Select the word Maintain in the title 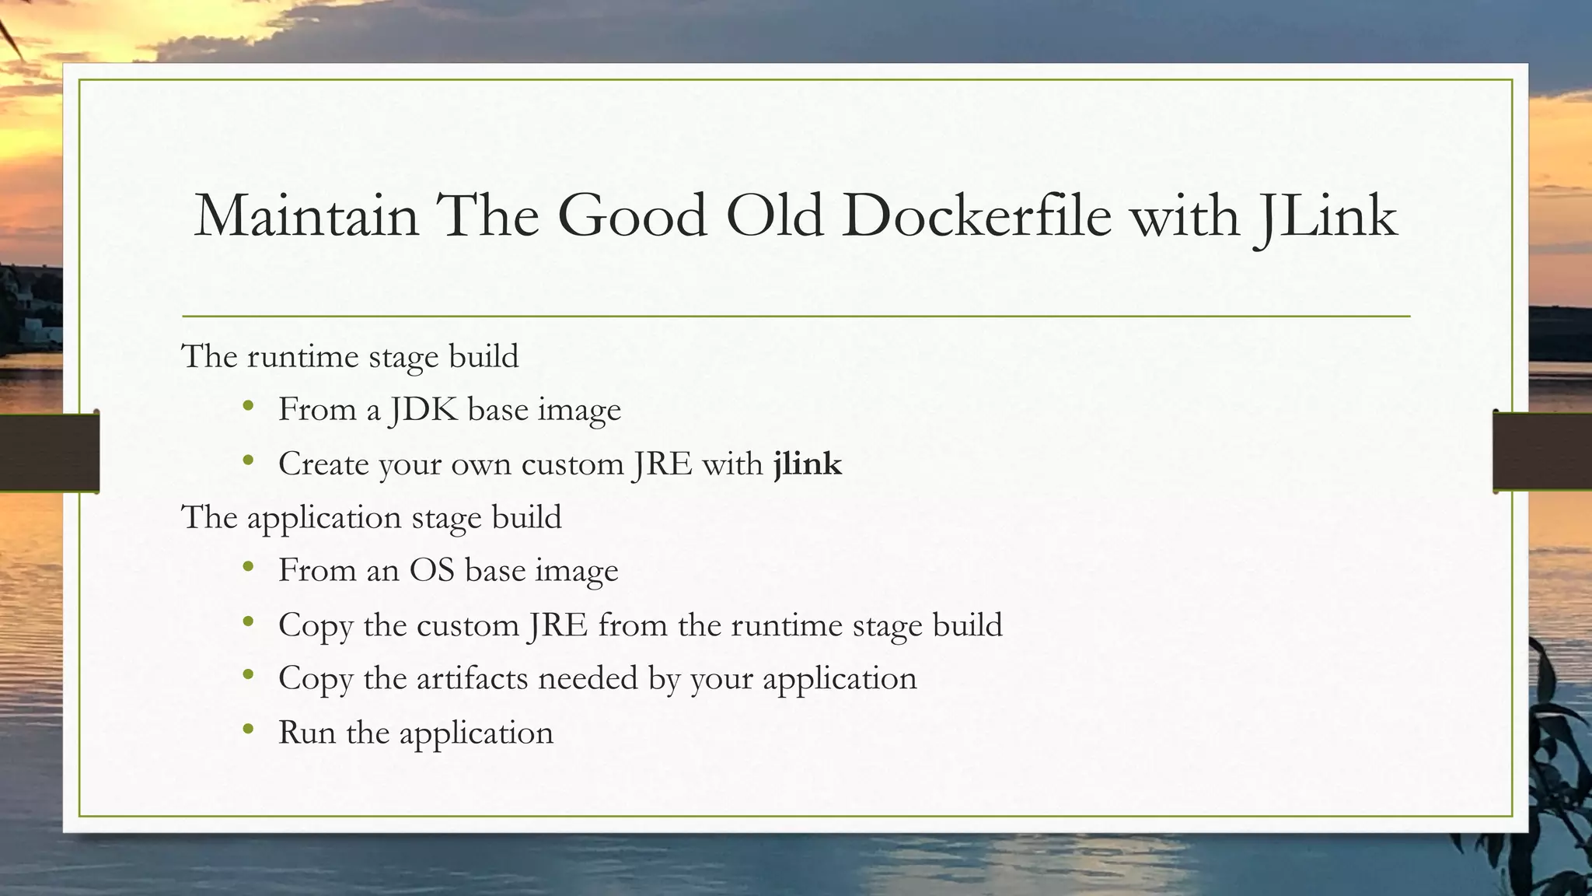[x=306, y=215]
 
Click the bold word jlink [x=808, y=464]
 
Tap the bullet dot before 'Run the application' [x=248, y=730]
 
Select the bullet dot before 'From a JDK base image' [x=248, y=406]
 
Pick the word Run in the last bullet [x=306, y=733]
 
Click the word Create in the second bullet [x=323, y=464]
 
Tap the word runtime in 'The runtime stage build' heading [x=302, y=357]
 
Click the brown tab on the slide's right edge [x=1542, y=452]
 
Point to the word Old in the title [x=773, y=215]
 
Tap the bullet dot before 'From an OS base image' [x=248, y=567]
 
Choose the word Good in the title [x=632, y=215]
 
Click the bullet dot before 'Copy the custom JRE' [x=248, y=621]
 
